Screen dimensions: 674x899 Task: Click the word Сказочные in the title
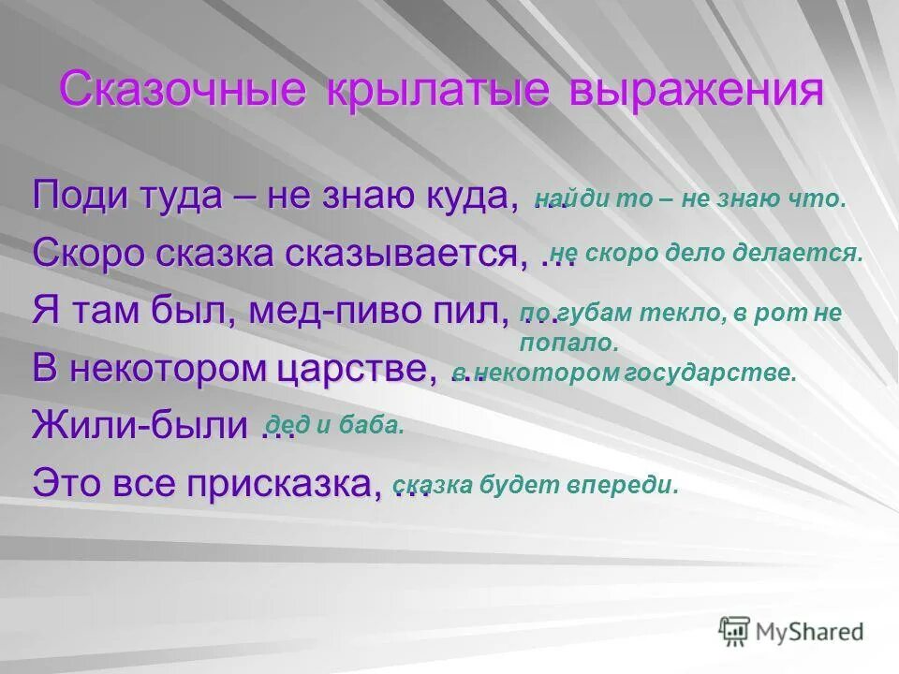pyautogui.click(x=183, y=90)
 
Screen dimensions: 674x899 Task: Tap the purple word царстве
pyautogui.click(x=356, y=368)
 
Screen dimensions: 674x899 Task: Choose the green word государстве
pyautogui.click(x=720, y=374)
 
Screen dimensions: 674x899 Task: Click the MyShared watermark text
pyautogui.click(x=811, y=632)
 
